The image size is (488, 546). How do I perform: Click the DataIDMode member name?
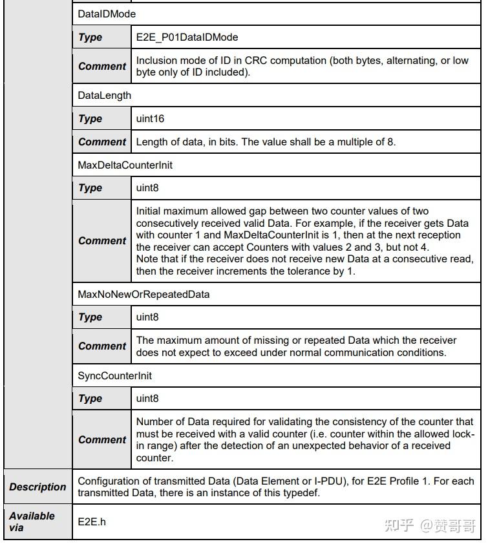pos(107,13)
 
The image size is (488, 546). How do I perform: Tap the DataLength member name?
pos(104,96)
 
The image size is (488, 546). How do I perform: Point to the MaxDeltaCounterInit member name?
pos(125,165)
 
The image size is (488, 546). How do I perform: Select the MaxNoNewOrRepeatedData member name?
pos(143,294)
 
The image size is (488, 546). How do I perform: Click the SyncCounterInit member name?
pos(115,375)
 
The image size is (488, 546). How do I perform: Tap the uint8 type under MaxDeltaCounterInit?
pos(147,188)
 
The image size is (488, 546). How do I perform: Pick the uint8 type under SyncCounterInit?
pos(147,399)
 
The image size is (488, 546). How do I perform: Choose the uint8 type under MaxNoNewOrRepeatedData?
pos(147,317)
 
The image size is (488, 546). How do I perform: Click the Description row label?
pos(37,487)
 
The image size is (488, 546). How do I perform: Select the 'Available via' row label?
pos(32,521)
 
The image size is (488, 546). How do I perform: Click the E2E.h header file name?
pos(92,521)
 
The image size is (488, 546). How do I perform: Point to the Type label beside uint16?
pos(90,119)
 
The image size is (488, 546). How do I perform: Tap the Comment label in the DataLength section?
pos(102,142)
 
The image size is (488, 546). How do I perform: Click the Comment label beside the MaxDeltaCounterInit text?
pos(102,241)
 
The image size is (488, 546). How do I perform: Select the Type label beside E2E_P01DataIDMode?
pos(90,37)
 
